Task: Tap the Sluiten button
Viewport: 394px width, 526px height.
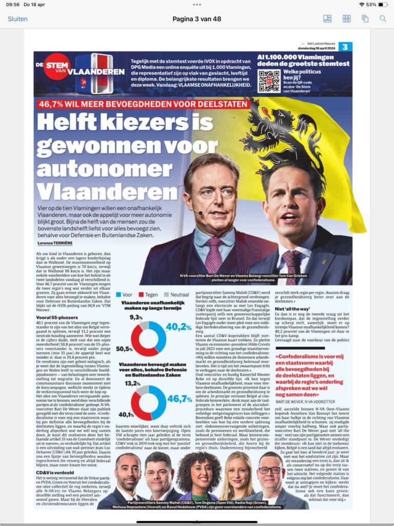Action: click(17, 18)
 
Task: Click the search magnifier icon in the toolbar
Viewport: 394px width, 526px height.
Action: click(383, 18)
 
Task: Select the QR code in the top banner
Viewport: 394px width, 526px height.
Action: click(269, 81)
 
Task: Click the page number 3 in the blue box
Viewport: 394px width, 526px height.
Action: click(345, 47)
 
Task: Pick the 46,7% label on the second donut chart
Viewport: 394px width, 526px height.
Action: click(179, 399)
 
